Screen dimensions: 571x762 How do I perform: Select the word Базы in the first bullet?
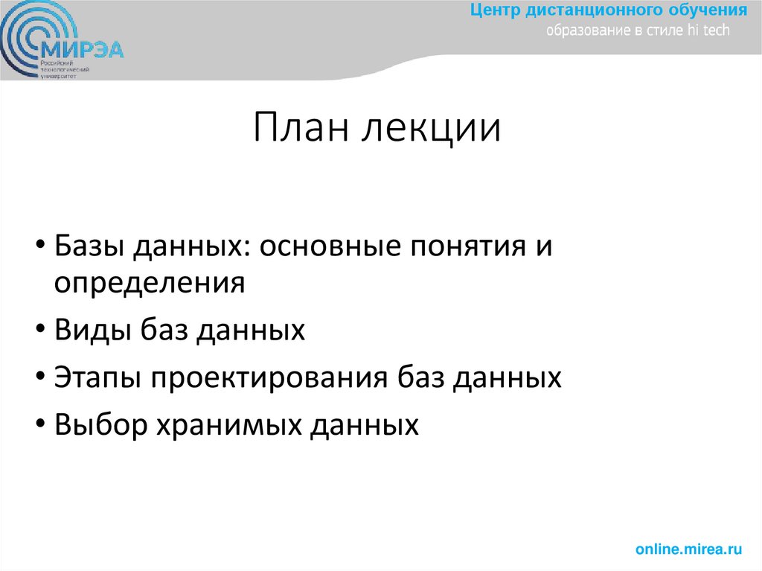[91, 246]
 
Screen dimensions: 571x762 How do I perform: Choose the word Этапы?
[97, 378]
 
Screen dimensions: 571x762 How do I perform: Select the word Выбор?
[98, 424]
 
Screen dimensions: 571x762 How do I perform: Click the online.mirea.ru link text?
[689, 549]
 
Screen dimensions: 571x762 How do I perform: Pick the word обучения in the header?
[710, 12]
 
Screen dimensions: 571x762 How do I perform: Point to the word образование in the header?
[584, 31]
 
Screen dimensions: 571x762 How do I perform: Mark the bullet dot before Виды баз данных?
[37, 330]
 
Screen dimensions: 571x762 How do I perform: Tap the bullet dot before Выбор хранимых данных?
[37, 425]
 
